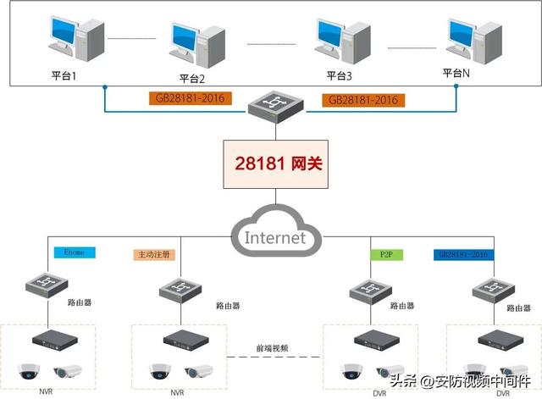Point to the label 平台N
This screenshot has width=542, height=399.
[456, 73]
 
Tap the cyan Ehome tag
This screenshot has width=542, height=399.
[75, 252]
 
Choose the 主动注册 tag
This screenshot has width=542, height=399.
[153, 254]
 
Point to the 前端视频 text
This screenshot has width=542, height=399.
[273, 347]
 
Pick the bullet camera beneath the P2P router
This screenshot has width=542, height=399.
[394, 372]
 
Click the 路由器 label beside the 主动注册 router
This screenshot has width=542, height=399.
[229, 306]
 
